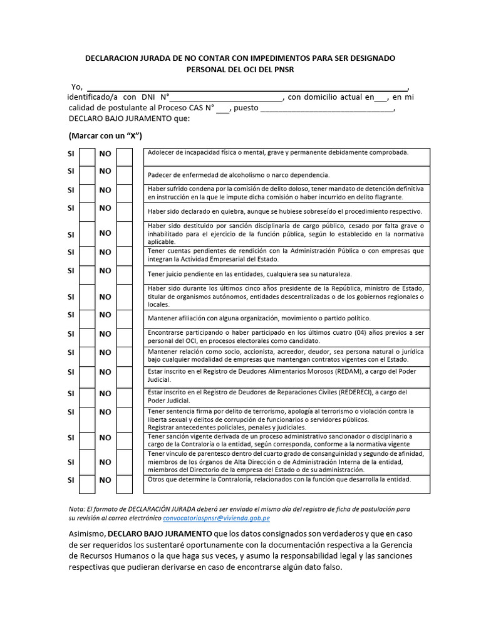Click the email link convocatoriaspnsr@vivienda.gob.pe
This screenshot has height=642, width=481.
216,518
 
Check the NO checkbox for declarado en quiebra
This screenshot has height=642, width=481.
125,211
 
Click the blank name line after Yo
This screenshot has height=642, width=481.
246,87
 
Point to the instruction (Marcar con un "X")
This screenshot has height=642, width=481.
105,136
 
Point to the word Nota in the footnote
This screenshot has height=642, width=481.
76,509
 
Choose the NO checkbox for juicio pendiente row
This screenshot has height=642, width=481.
125,275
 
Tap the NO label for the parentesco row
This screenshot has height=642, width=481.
105,462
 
